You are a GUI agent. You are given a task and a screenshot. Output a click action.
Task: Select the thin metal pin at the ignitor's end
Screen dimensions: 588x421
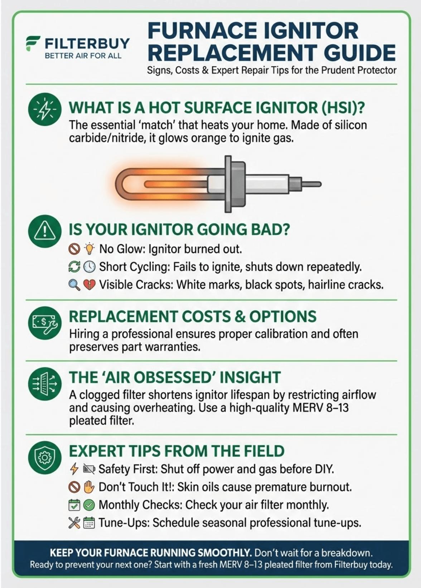point(312,184)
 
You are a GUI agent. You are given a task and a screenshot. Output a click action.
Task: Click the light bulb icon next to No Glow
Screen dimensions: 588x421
point(89,249)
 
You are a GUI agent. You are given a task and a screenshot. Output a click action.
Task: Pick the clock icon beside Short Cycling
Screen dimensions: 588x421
point(89,267)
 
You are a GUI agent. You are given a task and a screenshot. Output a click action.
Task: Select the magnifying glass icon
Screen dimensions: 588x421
point(74,285)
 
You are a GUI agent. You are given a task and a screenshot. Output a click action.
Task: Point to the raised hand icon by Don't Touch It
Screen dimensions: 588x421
point(89,487)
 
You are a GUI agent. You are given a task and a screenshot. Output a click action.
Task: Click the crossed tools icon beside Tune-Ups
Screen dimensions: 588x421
point(74,523)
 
